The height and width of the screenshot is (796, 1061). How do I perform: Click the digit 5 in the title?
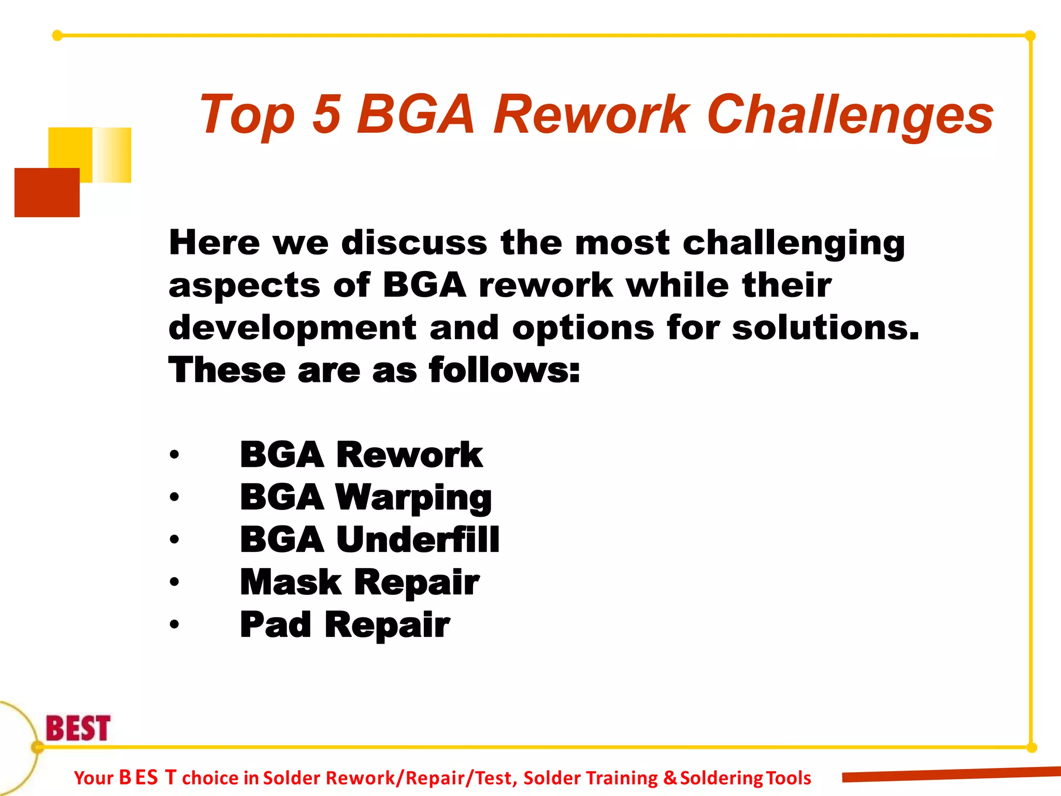click(x=327, y=114)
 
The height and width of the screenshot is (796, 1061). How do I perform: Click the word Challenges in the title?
click(x=850, y=115)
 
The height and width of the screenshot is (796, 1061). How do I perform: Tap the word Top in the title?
click(x=247, y=115)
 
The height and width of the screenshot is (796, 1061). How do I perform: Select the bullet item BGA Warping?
click(x=366, y=497)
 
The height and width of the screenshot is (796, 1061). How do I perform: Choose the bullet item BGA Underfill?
click(x=369, y=539)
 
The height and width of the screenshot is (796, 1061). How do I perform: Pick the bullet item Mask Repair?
click(x=360, y=582)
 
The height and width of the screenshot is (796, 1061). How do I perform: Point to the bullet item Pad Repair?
click(x=345, y=624)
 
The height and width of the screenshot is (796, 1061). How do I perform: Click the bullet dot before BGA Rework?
click(x=175, y=455)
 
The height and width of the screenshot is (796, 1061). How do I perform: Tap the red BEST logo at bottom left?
click(x=78, y=728)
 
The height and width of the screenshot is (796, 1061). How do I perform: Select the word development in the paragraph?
click(x=292, y=328)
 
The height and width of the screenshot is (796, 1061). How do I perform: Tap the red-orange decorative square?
click(x=47, y=192)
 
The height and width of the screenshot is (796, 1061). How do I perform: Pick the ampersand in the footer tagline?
click(x=670, y=778)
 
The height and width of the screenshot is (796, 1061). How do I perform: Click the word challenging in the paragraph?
click(x=793, y=244)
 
